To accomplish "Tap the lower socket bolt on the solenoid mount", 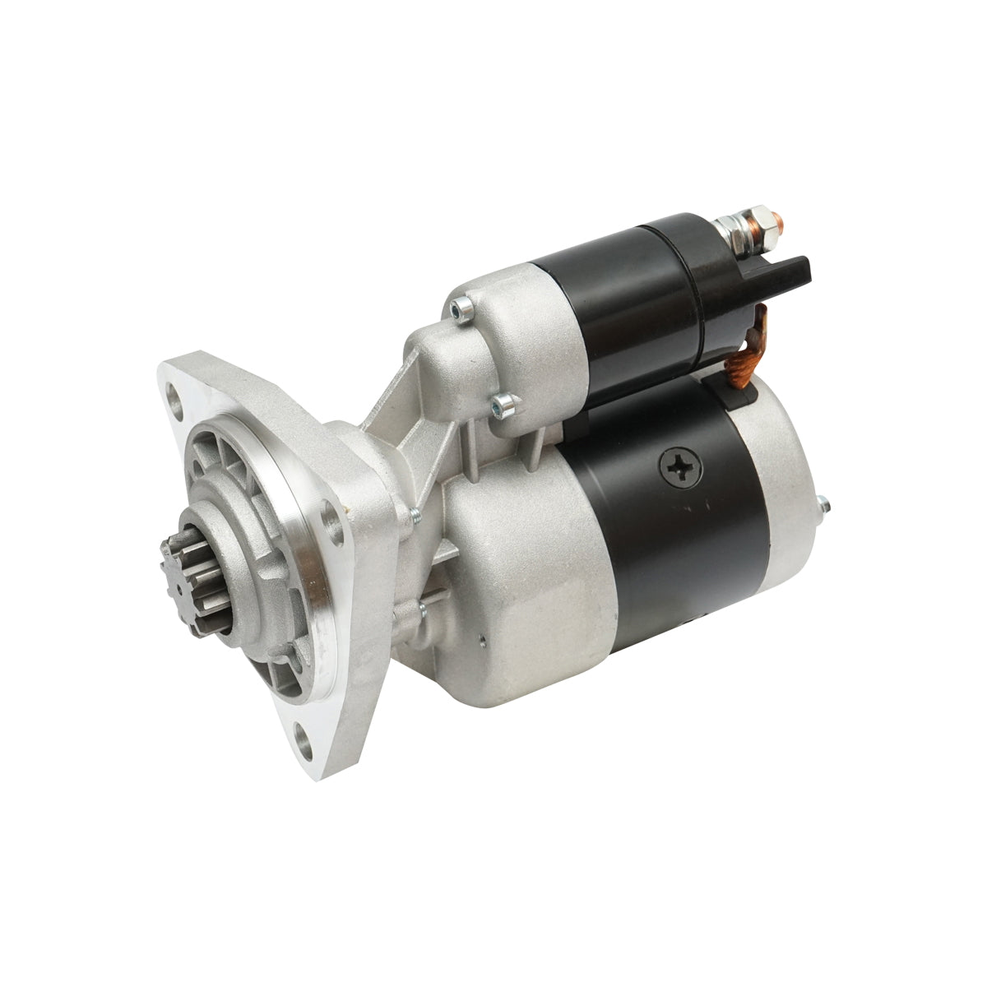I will (503, 402).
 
